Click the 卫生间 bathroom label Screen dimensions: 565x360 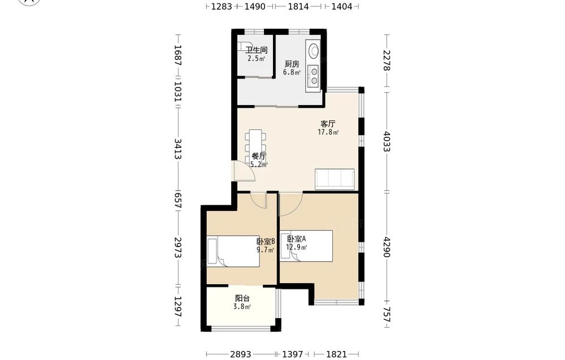point(256,50)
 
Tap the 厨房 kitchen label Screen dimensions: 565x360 point(292,64)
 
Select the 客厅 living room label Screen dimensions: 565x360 point(328,124)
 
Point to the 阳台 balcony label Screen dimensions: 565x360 point(242,298)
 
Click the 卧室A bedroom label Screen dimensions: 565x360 point(297,239)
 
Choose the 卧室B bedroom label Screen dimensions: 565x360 point(266,241)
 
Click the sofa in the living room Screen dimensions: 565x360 point(334,179)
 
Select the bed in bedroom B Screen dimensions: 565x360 point(233,251)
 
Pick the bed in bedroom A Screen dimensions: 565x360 point(306,246)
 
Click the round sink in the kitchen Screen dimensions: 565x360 point(313,50)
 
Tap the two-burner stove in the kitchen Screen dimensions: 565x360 point(314,76)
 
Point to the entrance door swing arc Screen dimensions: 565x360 point(245,171)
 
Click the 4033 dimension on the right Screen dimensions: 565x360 point(386,141)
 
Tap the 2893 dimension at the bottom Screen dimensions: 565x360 point(241,354)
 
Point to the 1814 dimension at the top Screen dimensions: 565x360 point(298,6)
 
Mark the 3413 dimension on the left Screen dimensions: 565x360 point(177,149)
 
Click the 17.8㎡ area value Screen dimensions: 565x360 point(328,132)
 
